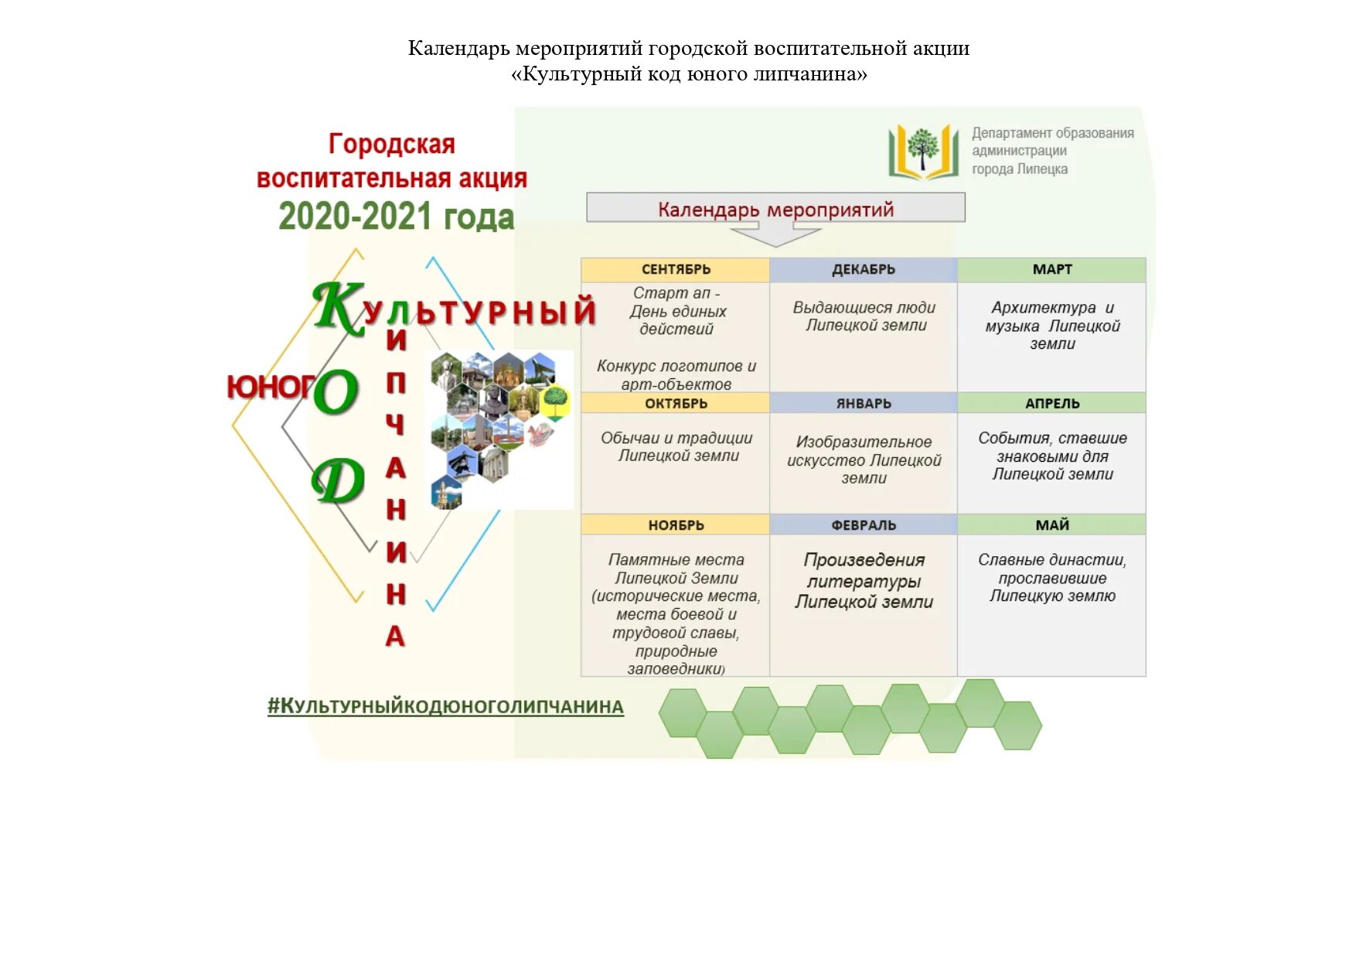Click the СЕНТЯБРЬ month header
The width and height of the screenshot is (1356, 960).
pos(675,269)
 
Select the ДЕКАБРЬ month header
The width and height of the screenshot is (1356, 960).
pos(863,269)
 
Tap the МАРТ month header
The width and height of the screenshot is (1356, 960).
pos(1051,269)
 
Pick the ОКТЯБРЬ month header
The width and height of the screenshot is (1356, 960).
pos(675,403)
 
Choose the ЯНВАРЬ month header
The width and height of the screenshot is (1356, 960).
pos(863,403)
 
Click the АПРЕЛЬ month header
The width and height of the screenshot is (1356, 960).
pos(1051,403)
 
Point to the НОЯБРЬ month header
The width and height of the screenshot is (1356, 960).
pos(675,524)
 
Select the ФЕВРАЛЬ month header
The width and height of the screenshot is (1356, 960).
pos(863,524)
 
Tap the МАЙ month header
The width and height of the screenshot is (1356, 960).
pos(1051,524)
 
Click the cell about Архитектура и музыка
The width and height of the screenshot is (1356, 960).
pos(1051,326)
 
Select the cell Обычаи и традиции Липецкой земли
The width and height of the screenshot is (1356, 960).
pos(676,447)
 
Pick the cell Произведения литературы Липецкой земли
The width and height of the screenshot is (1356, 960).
pos(864,581)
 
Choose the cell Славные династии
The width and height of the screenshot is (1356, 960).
pos(1051,578)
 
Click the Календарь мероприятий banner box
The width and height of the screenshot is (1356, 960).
pos(775,209)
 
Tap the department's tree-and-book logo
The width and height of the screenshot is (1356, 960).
pos(922,151)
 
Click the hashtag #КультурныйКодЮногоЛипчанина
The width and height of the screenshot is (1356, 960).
pos(445,706)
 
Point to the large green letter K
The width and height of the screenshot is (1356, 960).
pos(337,307)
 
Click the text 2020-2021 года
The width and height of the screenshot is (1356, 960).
pos(396,217)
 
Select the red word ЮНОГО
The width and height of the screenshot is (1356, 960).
pos(271,386)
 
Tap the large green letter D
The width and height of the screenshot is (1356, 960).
pos(338,480)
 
